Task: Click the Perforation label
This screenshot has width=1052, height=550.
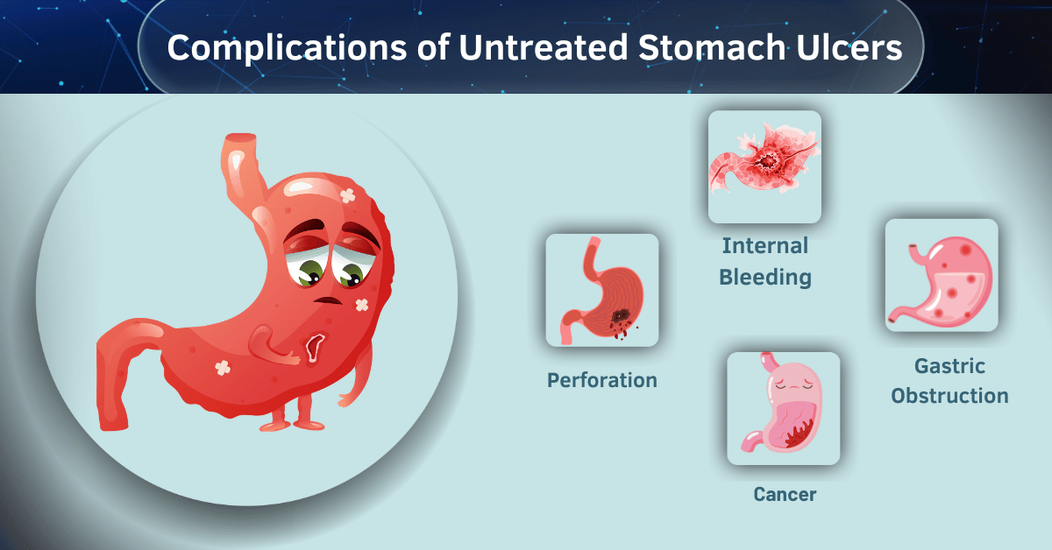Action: tap(601, 380)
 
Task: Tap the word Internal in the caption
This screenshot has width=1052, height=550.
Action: tap(764, 245)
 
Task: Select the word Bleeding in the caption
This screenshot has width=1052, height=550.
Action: tap(764, 278)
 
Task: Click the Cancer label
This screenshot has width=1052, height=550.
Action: tap(785, 495)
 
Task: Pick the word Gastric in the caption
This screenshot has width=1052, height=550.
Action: tap(949, 365)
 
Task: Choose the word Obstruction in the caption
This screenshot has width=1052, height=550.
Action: tap(949, 396)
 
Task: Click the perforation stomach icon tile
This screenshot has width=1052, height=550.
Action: tap(601, 290)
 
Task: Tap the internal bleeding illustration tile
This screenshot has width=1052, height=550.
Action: tap(764, 166)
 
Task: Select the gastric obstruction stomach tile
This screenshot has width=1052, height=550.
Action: tap(942, 275)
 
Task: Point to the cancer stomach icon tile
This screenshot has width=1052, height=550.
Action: tap(784, 408)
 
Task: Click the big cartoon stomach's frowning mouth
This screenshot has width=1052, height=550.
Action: tap(329, 300)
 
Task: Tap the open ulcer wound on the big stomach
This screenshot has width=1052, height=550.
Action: tap(313, 348)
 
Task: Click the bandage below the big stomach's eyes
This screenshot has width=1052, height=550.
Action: tap(362, 305)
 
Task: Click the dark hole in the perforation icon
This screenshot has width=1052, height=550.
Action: tap(619, 317)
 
